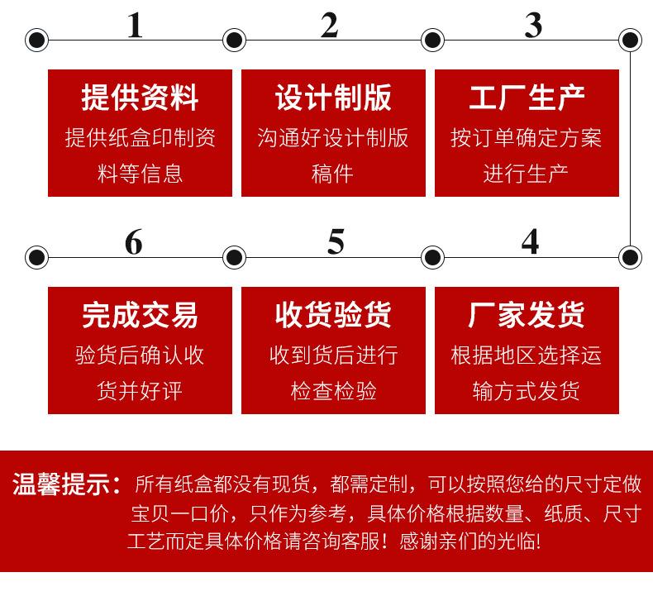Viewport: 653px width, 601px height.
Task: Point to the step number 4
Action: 530,242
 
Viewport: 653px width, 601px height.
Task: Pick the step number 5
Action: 335,242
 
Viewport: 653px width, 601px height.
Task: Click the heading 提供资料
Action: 140,98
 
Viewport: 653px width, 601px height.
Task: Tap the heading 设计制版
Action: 333,98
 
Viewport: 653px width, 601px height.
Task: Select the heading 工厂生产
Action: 527,98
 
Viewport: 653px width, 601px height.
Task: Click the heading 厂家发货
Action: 527,315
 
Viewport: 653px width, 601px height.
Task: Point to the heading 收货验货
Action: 333,315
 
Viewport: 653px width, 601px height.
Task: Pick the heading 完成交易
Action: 140,315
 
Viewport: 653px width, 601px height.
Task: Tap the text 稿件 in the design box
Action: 333,174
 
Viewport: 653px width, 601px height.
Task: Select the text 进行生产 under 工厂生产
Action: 527,174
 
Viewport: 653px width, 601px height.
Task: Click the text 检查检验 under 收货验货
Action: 333,390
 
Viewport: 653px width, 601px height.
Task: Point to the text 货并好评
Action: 140,390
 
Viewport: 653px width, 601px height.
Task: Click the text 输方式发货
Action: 527,390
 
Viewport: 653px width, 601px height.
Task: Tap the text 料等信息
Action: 140,174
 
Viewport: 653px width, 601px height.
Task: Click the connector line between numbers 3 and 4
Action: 631,149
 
